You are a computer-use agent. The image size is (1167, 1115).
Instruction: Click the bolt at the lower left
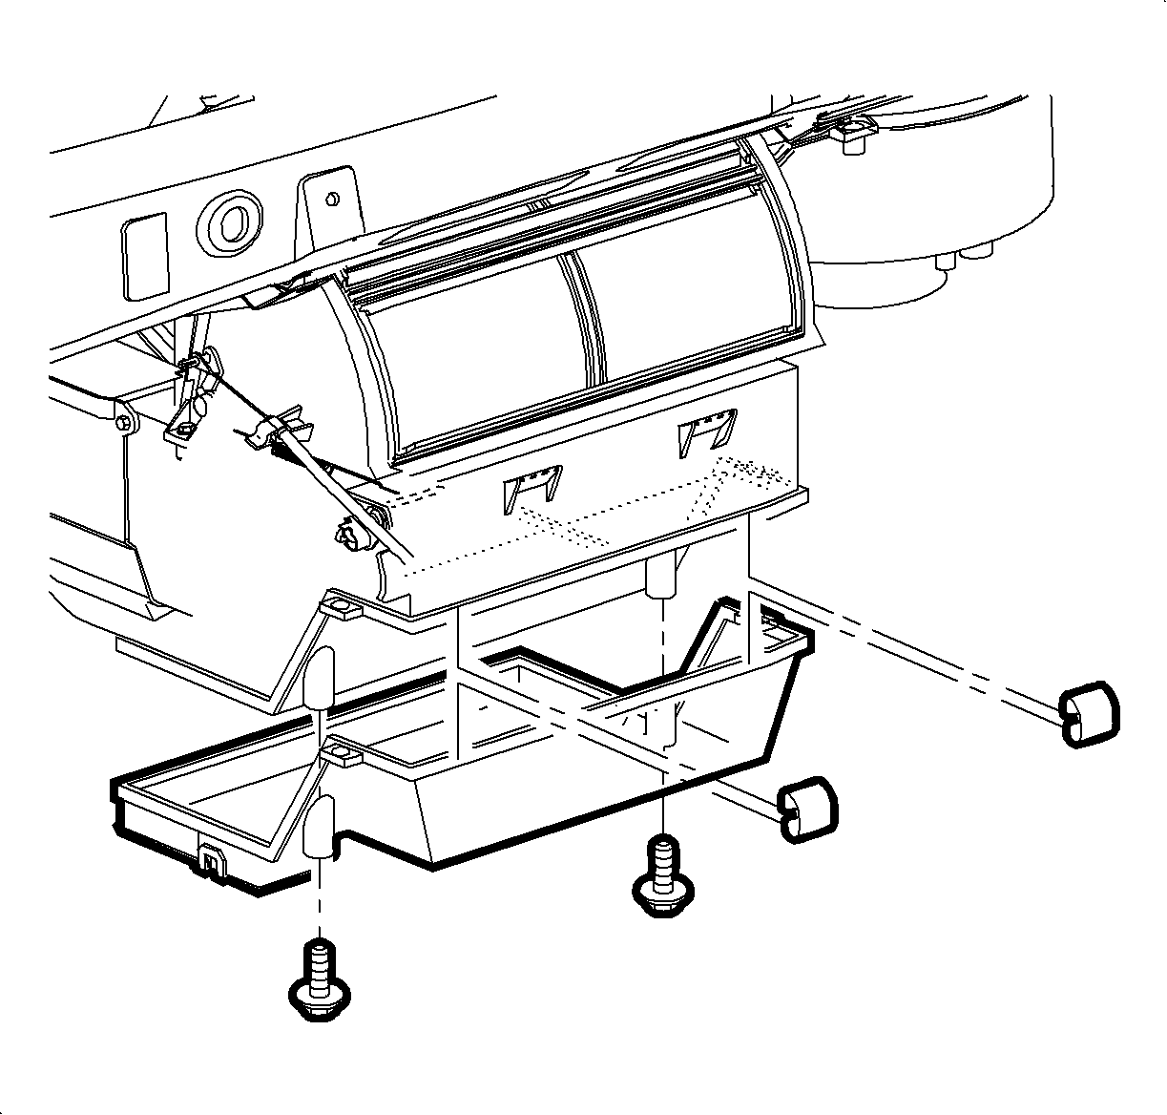tap(318, 982)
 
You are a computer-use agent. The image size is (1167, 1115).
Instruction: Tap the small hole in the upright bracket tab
tap(332, 199)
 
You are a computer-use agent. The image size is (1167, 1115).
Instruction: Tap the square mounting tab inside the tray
tap(341, 756)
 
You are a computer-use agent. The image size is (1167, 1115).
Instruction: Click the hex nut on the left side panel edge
tap(124, 421)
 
